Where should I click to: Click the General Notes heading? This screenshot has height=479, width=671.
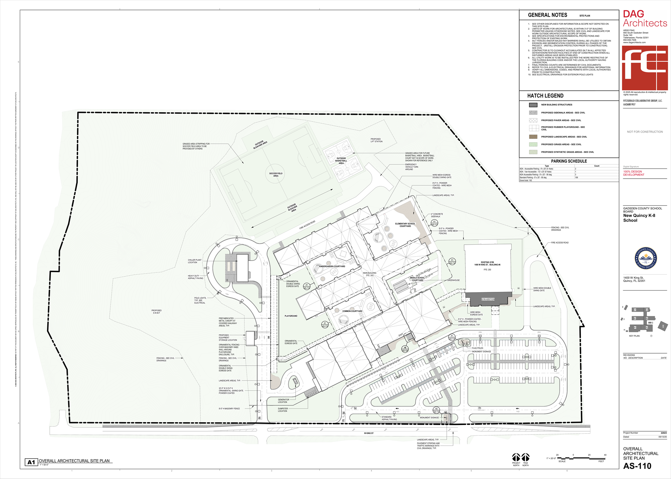(547, 15)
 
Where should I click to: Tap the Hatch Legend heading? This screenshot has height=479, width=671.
(545, 96)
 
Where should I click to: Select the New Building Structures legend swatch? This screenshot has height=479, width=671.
(533, 105)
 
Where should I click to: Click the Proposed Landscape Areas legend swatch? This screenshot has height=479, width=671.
(533, 137)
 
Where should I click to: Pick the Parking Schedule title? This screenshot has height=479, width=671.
(569, 161)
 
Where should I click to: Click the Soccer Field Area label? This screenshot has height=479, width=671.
(276, 174)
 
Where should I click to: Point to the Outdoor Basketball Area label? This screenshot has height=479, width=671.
(341, 161)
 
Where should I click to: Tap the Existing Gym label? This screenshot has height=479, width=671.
(487, 263)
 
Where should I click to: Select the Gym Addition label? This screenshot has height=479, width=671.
(488, 299)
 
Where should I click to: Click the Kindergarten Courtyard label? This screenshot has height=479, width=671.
(332, 267)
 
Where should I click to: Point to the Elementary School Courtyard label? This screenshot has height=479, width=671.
(405, 224)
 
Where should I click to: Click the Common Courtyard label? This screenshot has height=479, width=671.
(352, 311)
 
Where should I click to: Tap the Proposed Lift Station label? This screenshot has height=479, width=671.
(376, 140)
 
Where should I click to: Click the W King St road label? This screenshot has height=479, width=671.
(369, 433)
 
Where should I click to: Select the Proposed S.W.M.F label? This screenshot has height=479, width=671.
(156, 312)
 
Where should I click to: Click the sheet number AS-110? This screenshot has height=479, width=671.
(637, 466)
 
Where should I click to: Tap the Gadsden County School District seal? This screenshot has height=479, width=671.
(646, 258)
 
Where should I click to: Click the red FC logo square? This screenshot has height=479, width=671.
(645, 68)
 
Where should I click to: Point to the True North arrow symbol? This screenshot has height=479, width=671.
(525, 457)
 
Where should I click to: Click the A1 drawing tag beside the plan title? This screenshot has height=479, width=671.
(31, 462)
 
